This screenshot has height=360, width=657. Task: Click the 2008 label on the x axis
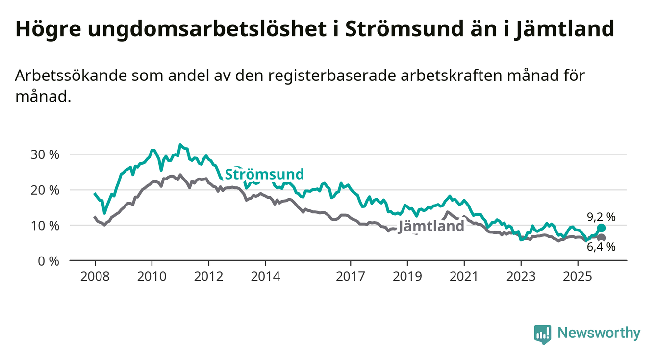pos(95,276)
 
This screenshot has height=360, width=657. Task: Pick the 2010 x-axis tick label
pos(152,276)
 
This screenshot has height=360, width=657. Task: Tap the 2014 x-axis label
pos(265,276)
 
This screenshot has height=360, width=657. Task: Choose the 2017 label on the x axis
pos(350,276)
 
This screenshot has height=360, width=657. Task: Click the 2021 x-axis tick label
pos(464,276)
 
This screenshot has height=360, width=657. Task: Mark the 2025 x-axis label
pos(578,276)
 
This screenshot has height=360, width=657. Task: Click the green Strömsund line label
pos(264,174)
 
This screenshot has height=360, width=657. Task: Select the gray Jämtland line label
pos(431,226)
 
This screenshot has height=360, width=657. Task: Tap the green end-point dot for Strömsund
pos(601,228)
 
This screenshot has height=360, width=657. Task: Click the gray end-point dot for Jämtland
pos(601,238)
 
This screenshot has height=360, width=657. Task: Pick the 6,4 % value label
pos(601,248)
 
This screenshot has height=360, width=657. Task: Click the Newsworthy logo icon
pos(543,334)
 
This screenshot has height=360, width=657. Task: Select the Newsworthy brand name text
pos(599,334)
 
